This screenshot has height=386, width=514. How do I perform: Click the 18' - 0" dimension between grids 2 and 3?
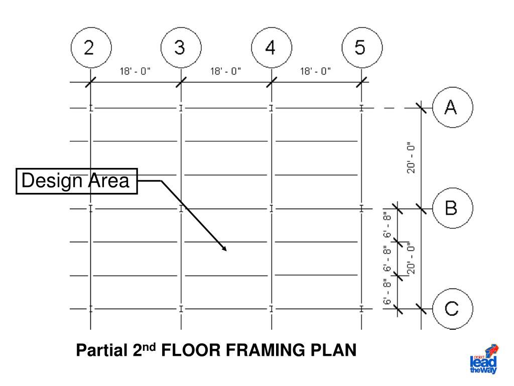pos(135,71)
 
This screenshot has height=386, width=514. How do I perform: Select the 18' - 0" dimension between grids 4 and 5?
pos(315,71)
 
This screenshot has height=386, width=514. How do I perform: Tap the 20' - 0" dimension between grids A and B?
pos(411,158)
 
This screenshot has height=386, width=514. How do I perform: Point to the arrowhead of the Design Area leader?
pos(226,251)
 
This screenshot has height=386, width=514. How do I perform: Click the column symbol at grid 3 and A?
pos(181,108)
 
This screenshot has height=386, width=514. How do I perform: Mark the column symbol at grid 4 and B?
pos(272,209)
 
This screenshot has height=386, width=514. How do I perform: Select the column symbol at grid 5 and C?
pos(361,309)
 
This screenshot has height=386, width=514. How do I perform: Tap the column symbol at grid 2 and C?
pos(91,309)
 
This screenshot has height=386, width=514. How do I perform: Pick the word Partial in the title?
pos(102,350)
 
